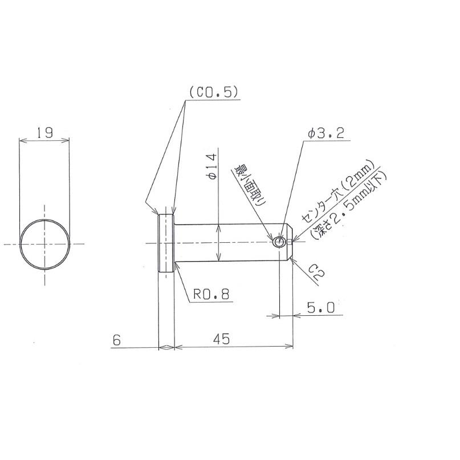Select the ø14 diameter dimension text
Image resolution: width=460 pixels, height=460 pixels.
point(211,167)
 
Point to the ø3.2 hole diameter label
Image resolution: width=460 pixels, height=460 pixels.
point(325,133)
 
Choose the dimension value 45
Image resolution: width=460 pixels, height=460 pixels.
point(222,339)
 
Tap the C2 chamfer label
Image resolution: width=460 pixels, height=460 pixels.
point(317,272)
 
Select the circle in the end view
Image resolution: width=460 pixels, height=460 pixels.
point(45,243)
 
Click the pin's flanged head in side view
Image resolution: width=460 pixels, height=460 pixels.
point(166,243)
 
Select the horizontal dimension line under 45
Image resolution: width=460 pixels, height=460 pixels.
point(234,347)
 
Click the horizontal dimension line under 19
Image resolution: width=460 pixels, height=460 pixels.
point(45,140)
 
